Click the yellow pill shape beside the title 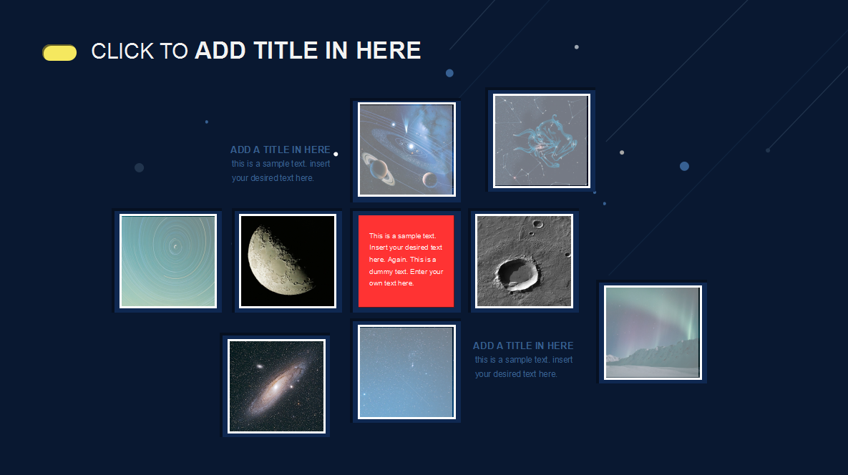point(59,52)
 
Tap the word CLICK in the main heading point(123,52)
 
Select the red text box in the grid point(406,261)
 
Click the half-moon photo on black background point(288,261)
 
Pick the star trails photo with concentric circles point(168,261)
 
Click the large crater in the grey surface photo point(516,272)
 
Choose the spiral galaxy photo point(276,386)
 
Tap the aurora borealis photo point(653,333)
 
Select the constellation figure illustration point(541,140)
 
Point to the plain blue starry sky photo point(406,372)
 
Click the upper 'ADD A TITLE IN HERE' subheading point(280,150)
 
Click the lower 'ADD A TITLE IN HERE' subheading point(523,346)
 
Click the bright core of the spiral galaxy point(276,386)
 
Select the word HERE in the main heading point(389,51)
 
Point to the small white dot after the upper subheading point(336,154)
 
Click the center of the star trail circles point(175,247)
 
